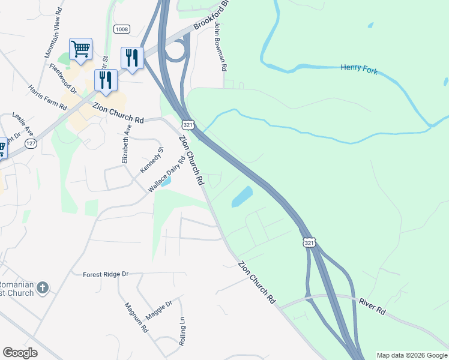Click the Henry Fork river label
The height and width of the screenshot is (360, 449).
(x=360, y=68)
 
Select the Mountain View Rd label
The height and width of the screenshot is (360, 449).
(x=53, y=36)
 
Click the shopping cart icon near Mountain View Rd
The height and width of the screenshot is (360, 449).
(x=80, y=49)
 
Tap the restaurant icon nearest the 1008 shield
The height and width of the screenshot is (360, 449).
(x=132, y=58)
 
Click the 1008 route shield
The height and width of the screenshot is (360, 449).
(x=122, y=29)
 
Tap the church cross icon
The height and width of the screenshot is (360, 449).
(x=42, y=288)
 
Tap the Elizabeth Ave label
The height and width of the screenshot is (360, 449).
(x=126, y=145)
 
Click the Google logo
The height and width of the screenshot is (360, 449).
(x=20, y=353)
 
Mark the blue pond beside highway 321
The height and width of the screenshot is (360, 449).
(x=242, y=196)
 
